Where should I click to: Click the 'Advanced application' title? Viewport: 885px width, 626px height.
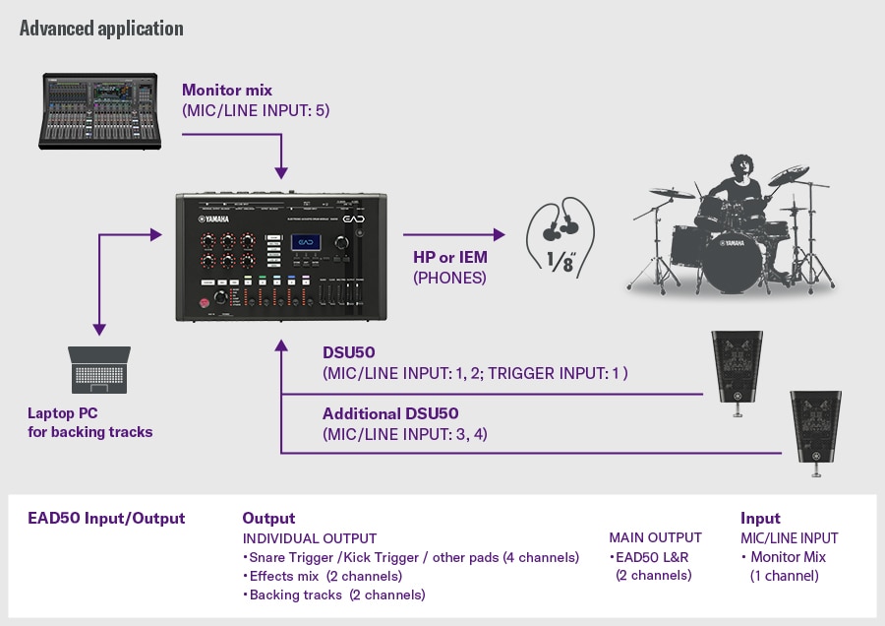101,28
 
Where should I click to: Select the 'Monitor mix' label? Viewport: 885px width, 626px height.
227,91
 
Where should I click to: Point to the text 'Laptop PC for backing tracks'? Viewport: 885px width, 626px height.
89,423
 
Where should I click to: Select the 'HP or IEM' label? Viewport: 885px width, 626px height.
450,258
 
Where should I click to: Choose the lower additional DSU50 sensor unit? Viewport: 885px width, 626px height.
816,430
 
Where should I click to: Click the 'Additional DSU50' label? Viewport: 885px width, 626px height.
390,413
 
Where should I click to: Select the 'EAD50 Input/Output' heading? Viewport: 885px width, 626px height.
106,518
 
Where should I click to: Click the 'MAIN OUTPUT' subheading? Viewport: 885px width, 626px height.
655,537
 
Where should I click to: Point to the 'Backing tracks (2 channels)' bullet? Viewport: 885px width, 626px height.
334,595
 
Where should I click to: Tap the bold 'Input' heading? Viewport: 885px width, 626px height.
760,518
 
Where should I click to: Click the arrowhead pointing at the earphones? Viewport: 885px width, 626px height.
499,235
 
